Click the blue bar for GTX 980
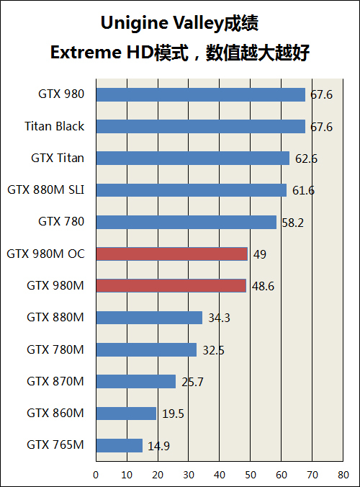point(200,94)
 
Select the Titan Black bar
point(200,126)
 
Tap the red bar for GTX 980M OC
point(171,254)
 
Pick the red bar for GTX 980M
point(171,285)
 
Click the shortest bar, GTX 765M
point(119,445)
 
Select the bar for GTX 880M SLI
point(191,190)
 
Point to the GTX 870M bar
point(135,381)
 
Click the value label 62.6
point(306,158)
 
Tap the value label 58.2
point(292,223)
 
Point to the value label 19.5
point(172,414)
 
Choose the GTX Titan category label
point(58,158)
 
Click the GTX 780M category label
point(55,349)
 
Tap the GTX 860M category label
point(55,413)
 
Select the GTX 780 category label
point(61,222)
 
